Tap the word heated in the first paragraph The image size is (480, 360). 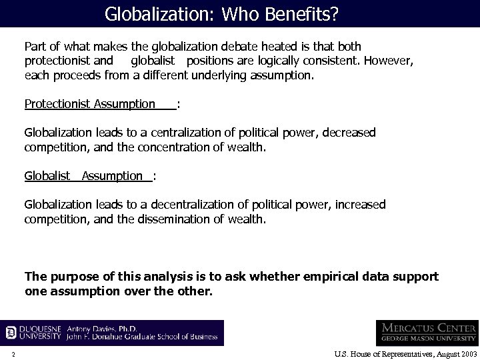pyautogui.click(x=270, y=47)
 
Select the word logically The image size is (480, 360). pyautogui.click(x=271, y=61)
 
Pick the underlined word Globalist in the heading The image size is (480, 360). pyautogui.click(x=47, y=176)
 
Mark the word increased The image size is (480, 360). pyautogui.click(x=359, y=204)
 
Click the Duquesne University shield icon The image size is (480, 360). pyautogui.click(x=11, y=332)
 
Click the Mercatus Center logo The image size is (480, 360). pyautogui.click(x=427, y=332)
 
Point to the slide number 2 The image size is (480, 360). pyautogui.click(x=13, y=353)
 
